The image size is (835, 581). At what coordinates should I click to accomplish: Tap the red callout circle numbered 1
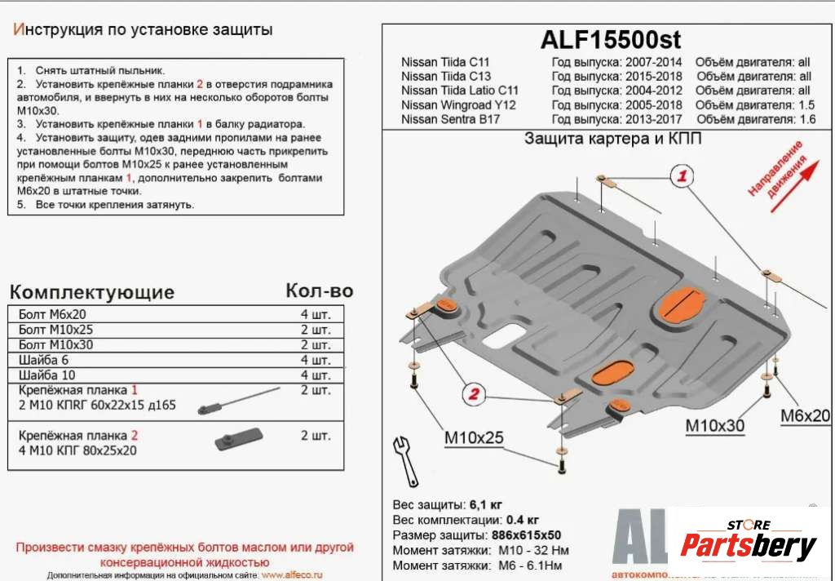(x=683, y=175)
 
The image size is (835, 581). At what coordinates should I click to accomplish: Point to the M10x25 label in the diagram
(x=474, y=439)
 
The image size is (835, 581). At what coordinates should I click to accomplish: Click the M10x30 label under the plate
(x=714, y=425)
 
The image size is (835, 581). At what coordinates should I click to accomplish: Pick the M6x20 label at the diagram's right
(x=805, y=415)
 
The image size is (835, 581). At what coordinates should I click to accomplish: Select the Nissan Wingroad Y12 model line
(x=458, y=104)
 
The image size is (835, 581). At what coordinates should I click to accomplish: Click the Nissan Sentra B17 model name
(x=450, y=119)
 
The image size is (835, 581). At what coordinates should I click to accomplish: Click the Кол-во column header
(x=319, y=291)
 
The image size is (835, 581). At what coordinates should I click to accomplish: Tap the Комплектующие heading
(x=91, y=293)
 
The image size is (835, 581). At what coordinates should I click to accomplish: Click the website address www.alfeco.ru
(x=292, y=575)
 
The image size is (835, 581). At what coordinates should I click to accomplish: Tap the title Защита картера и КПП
(x=613, y=138)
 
